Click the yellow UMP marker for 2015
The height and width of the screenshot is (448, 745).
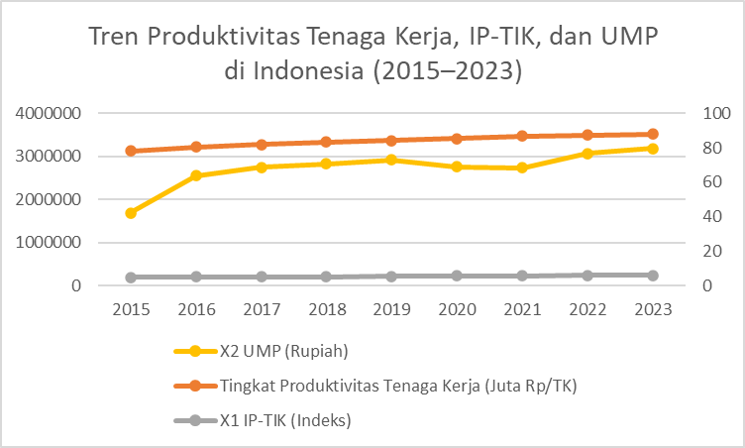(x=131, y=213)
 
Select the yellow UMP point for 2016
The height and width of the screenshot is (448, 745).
(x=196, y=175)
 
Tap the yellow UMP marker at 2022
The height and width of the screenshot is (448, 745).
(x=587, y=154)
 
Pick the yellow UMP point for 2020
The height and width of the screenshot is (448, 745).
(x=457, y=167)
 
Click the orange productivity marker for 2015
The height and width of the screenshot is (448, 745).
(x=131, y=151)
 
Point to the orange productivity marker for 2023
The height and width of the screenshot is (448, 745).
(x=653, y=134)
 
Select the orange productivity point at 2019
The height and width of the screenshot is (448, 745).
(x=391, y=141)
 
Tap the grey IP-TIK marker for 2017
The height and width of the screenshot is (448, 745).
(x=262, y=277)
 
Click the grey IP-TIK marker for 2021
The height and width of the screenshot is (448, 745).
(x=522, y=276)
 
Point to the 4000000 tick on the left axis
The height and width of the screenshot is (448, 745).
(x=48, y=114)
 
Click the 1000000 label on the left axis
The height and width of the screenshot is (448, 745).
(x=48, y=243)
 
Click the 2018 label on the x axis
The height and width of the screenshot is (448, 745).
(x=326, y=309)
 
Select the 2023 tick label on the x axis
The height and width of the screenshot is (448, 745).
(x=653, y=309)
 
